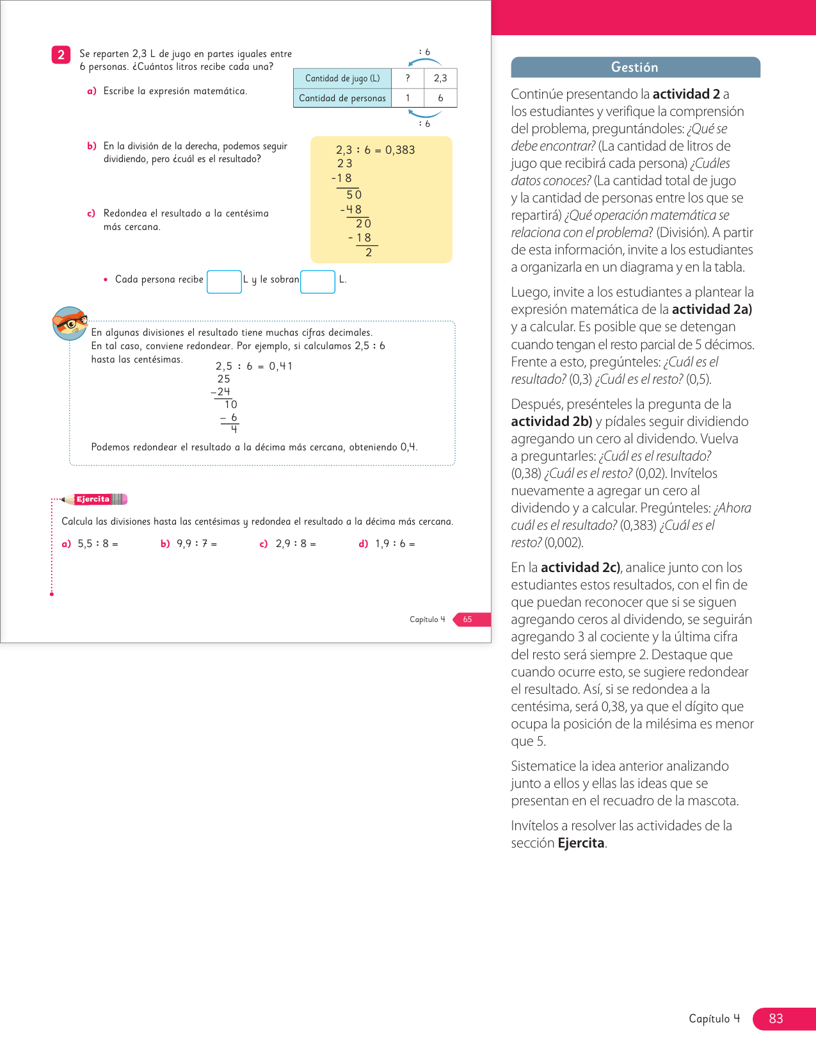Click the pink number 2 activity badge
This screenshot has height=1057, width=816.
61,55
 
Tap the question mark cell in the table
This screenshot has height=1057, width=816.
408,78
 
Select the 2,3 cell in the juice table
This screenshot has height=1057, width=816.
440,78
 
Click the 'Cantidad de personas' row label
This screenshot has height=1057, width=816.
342,98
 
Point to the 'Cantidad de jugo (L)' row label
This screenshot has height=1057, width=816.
342,78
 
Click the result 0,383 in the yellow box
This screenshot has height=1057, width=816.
400,150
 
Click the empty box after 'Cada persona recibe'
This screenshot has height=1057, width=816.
224,282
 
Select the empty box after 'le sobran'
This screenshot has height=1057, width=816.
317,282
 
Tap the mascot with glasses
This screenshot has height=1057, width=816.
69,324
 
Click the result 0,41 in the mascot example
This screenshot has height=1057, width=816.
280,366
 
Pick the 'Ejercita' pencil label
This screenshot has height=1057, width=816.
93,499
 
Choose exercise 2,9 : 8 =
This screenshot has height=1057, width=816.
295,544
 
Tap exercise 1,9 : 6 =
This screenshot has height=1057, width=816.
394,544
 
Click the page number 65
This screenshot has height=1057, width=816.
468,619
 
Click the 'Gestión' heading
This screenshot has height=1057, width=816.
634,67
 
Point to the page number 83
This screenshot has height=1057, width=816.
776,1019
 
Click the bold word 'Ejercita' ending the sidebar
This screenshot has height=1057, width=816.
581,843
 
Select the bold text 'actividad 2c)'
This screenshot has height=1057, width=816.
580,568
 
